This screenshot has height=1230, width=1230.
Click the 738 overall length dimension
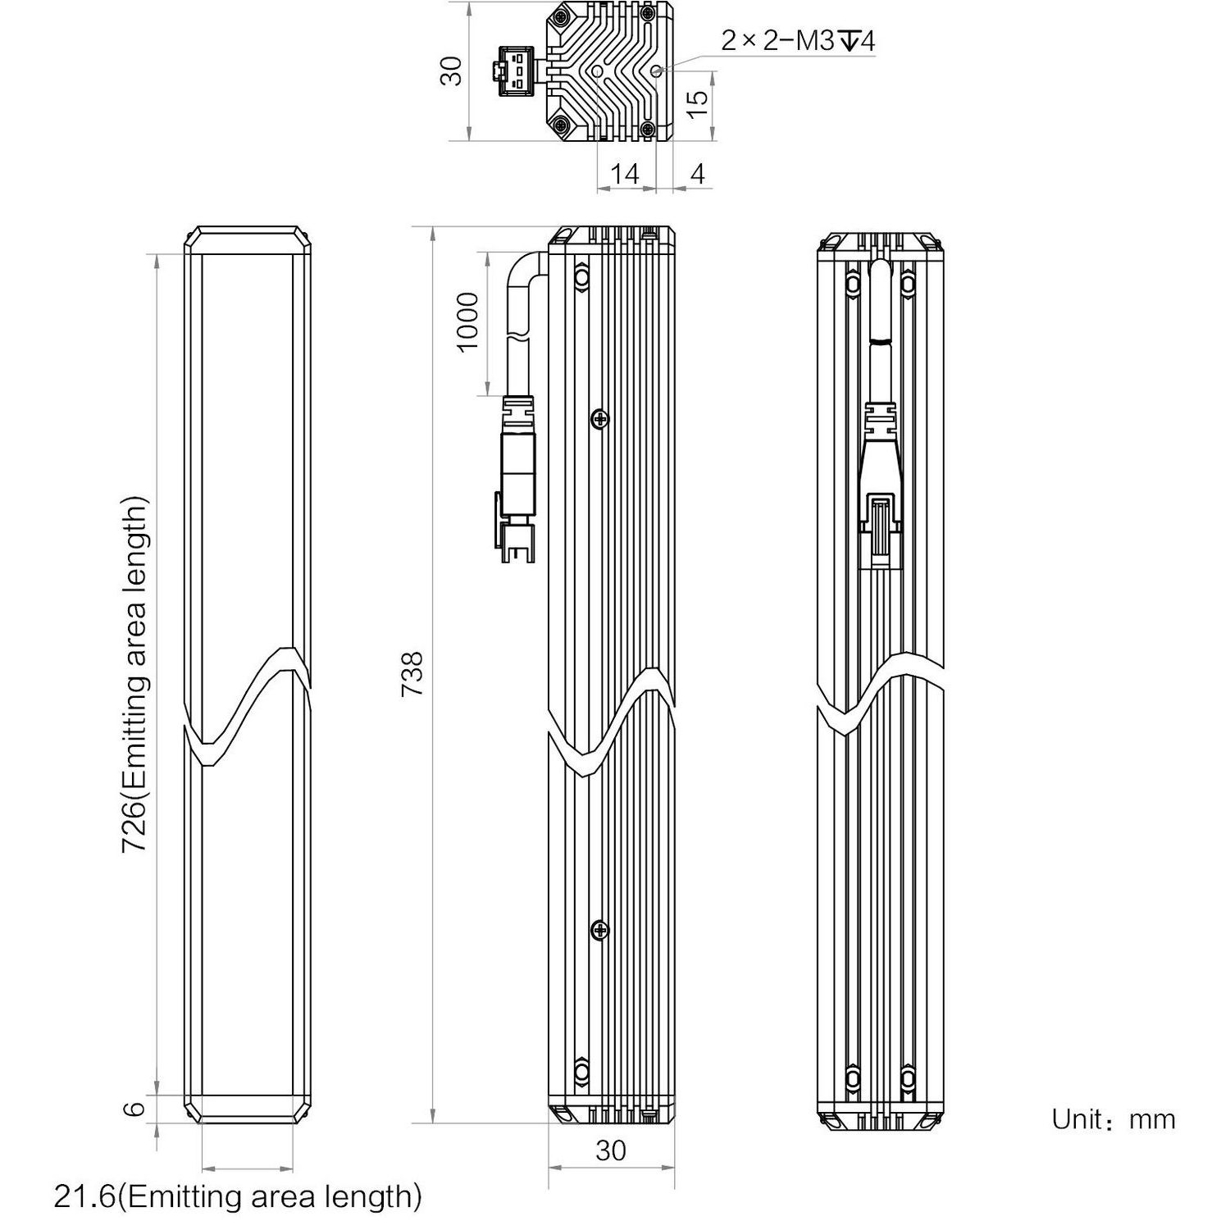pyautogui.click(x=412, y=674)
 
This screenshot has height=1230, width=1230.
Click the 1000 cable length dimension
pyautogui.click(x=467, y=321)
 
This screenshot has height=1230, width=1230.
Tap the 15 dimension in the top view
pyautogui.click(x=696, y=102)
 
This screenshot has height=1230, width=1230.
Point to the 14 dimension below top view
pyautogui.click(x=625, y=173)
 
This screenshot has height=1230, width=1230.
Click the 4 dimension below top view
pyautogui.click(x=698, y=173)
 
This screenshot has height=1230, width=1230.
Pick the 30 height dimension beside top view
pyautogui.click(x=452, y=71)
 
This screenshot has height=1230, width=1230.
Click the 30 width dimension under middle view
pyautogui.click(x=611, y=1150)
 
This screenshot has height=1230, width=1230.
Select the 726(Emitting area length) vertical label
pyautogui.click(x=135, y=674)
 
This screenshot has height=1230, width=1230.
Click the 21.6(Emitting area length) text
pyautogui.click(x=238, y=1196)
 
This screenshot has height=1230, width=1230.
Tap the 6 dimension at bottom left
pyautogui.click(x=136, y=1109)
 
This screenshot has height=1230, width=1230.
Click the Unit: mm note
pyautogui.click(x=1113, y=1119)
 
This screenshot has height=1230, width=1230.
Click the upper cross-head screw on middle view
pyautogui.click(x=601, y=419)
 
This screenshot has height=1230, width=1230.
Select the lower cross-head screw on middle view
pyautogui.click(x=601, y=930)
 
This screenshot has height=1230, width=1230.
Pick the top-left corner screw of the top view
pyautogui.click(x=562, y=18)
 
